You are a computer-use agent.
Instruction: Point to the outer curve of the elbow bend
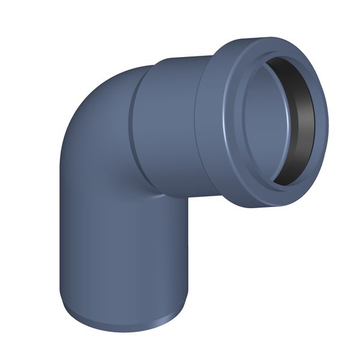tap(90, 96)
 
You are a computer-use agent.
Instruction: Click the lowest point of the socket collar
tap(264, 207)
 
